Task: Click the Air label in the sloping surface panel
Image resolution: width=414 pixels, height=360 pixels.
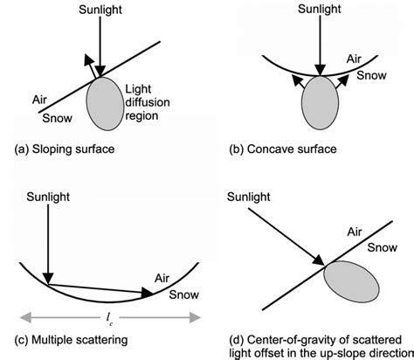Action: (38, 100)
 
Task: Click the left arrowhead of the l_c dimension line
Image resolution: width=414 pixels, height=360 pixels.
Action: (15, 310)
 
